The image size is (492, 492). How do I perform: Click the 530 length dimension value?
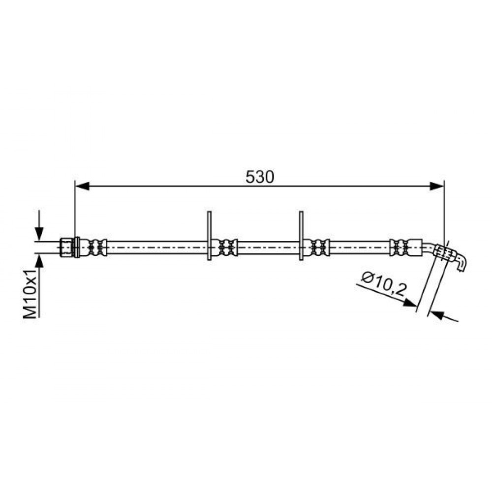pyautogui.click(x=259, y=177)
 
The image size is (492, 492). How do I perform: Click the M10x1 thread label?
pyautogui.click(x=31, y=293)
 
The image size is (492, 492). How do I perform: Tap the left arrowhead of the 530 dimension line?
pyautogui.click(x=83, y=186)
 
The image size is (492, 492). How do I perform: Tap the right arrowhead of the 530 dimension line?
pyautogui.click(x=437, y=186)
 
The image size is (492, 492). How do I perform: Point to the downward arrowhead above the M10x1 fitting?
pyautogui.click(x=39, y=234)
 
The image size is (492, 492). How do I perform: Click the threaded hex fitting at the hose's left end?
pyautogui.click(x=66, y=248)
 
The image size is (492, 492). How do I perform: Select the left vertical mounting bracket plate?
pyautogui.click(x=209, y=236)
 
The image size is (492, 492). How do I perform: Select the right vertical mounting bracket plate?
pyautogui.click(x=301, y=236)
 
